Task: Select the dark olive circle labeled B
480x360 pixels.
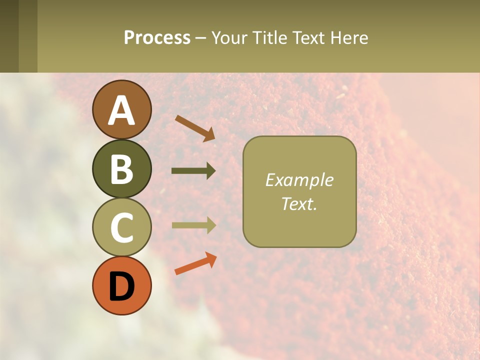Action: point(122,168)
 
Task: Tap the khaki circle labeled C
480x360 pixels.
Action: point(122,227)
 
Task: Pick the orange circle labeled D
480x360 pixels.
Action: point(122,285)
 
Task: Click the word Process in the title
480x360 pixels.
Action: point(157,37)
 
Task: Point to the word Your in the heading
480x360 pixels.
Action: point(229,37)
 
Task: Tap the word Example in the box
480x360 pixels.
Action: point(299,180)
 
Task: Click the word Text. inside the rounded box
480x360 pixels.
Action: point(299,203)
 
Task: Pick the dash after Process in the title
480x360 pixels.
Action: point(200,38)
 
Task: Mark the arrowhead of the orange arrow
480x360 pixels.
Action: point(211,258)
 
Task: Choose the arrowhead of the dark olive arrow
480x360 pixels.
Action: point(210,171)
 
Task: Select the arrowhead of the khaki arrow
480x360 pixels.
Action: point(210,225)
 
